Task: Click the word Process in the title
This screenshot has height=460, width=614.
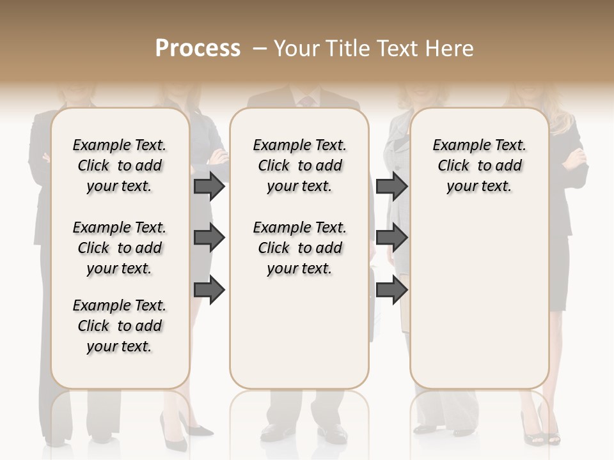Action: coord(198,49)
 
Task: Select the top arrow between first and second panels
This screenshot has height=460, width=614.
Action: coord(209,186)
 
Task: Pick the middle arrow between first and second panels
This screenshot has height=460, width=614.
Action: coord(209,238)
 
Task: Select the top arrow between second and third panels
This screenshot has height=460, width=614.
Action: coord(391,186)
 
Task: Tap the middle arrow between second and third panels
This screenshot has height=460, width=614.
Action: coord(391,238)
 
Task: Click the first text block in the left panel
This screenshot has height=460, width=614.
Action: coord(120,165)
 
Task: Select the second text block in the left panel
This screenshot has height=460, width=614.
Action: coord(120,248)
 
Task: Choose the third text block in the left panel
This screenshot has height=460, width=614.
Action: coord(120,326)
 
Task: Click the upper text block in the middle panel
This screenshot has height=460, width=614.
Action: coord(300,165)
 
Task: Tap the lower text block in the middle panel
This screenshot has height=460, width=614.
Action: coord(300,248)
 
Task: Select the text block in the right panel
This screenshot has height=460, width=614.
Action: coord(480,165)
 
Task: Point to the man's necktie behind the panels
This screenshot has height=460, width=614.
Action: coord(308,101)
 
